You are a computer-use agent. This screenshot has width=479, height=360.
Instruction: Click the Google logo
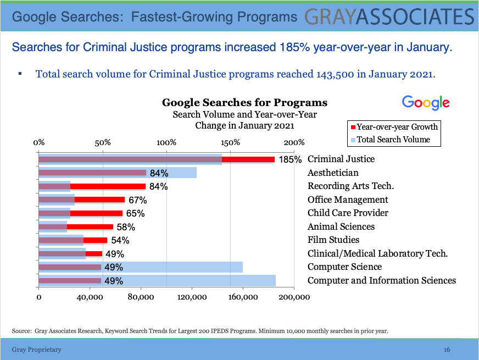click(x=426, y=103)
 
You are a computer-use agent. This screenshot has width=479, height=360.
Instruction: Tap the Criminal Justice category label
click(x=341, y=159)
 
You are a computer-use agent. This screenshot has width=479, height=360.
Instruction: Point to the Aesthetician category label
click(x=333, y=173)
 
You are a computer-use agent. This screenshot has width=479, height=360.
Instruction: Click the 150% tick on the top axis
click(x=231, y=142)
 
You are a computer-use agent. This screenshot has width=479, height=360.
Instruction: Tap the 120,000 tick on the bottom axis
click(x=192, y=297)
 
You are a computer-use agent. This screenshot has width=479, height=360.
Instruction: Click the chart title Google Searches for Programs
click(x=244, y=103)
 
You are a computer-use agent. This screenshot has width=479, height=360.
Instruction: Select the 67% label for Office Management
click(x=136, y=200)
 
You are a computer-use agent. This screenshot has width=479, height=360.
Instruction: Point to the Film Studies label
click(x=333, y=240)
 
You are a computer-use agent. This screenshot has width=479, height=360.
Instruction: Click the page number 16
click(x=447, y=350)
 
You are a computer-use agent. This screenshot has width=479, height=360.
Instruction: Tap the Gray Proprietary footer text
click(x=37, y=350)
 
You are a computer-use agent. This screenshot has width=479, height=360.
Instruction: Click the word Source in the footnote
click(x=20, y=331)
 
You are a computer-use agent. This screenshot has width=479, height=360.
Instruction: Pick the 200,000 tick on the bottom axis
click(x=294, y=297)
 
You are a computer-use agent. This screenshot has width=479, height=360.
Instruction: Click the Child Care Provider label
click(x=348, y=213)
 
